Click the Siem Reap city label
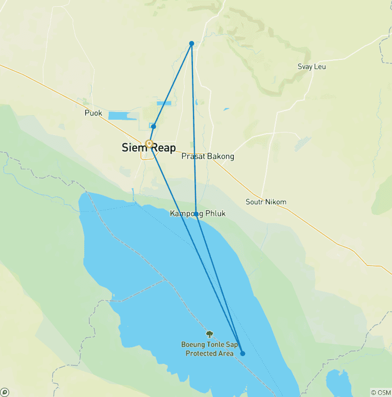tap(149, 148)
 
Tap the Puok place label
tap(93, 113)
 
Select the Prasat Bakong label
tap(208, 156)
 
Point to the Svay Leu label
tap(311, 67)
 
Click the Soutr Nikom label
tap(265, 202)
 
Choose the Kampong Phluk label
tap(197, 213)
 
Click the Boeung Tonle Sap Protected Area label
tap(209, 349)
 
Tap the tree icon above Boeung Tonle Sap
tap(209, 334)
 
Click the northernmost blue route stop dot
tap(191, 43)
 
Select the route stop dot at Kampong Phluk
tap(197, 214)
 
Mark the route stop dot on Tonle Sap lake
tap(242, 353)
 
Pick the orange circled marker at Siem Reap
tap(149, 144)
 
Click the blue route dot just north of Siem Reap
tap(153, 126)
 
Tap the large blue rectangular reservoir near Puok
tap(122, 116)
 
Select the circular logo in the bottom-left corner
tap(5, 392)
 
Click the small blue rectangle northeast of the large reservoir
tap(164, 103)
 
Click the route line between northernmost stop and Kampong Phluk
tap(194, 128)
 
